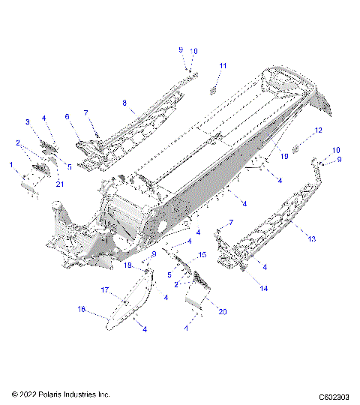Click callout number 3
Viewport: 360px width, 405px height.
tap(28, 121)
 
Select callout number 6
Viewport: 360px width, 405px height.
tap(67, 117)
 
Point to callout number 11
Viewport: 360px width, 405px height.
tap(222, 67)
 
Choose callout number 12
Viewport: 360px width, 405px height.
tap(318, 130)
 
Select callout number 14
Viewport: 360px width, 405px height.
tap(262, 287)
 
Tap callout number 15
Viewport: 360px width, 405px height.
tap(202, 256)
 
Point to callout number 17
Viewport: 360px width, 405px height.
tap(106, 289)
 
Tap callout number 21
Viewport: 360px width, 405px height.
tap(60, 184)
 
